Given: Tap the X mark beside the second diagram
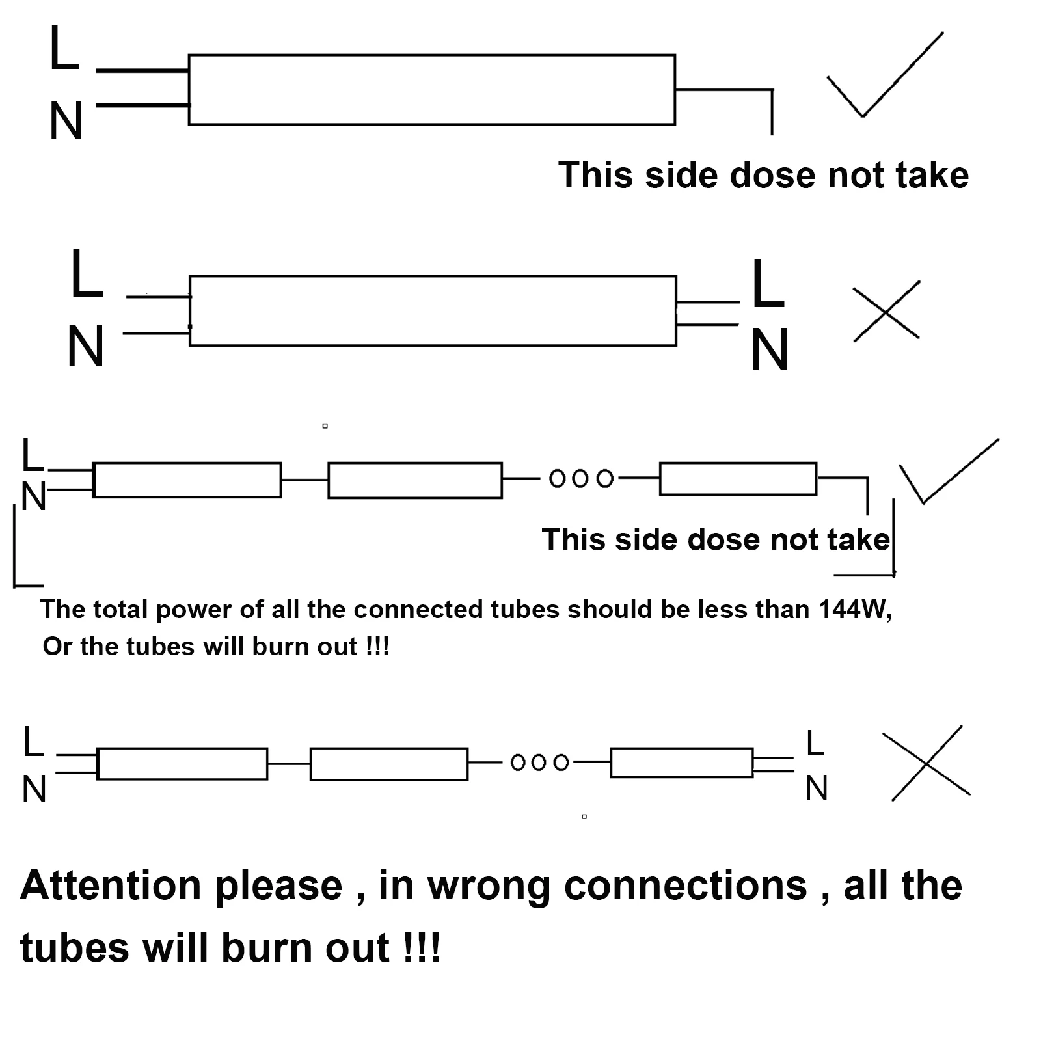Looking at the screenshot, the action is tap(886, 311).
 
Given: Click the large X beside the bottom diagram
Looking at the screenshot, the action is tap(926, 763).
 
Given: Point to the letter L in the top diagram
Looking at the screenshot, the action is tap(64, 47).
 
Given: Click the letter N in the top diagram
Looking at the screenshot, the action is tap(66, 121).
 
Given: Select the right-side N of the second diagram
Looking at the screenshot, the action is tap(770, 349).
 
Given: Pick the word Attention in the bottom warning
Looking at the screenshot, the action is tap(111, 886).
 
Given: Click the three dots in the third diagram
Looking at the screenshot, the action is tap(581, 479).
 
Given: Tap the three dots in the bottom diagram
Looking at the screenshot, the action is tap(539, 762).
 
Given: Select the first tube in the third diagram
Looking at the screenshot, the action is tap(187, 480).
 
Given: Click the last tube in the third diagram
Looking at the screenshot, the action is tap(738, 479).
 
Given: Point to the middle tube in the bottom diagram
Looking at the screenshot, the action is tap(388, 764).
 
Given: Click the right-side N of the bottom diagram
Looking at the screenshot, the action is tap(817, 788).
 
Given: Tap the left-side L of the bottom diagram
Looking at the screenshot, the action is tap(33, 742).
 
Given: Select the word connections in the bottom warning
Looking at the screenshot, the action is tap(686, 886).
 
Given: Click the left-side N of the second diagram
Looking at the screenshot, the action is tap(85, 346).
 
